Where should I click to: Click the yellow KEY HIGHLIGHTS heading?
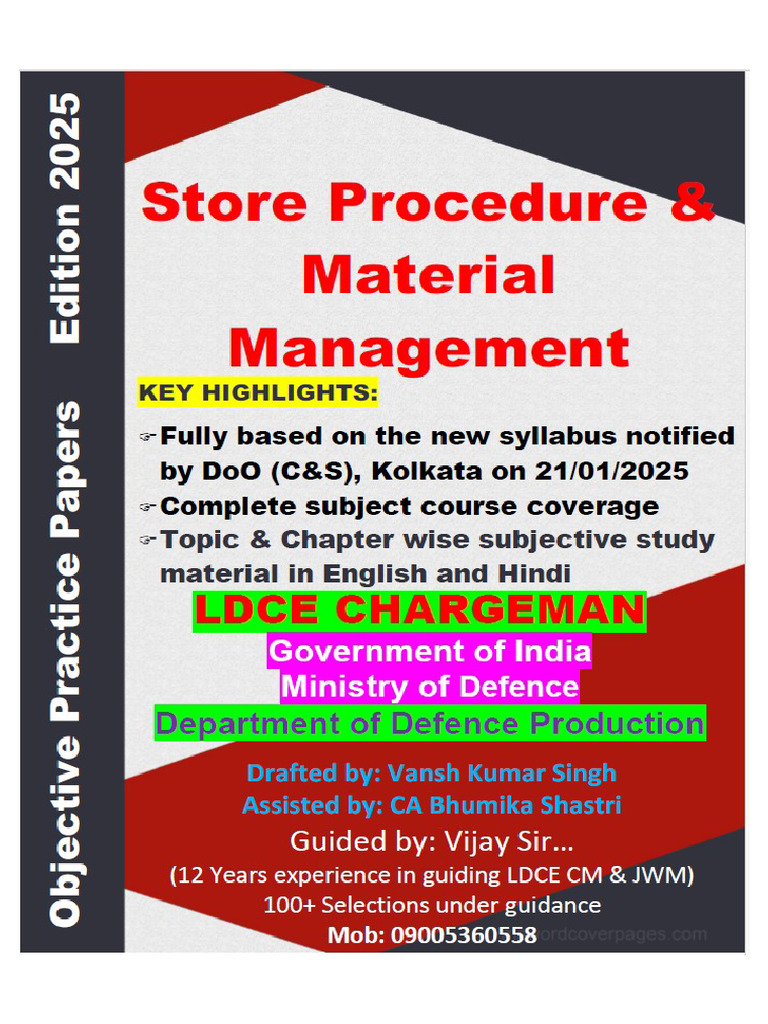(258, 394)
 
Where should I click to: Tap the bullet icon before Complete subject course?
(146, 506)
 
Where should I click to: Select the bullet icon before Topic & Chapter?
(146, 541)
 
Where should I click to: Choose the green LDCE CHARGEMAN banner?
(420, 611)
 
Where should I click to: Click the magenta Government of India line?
(429, 652)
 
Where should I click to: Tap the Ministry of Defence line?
(429, 687)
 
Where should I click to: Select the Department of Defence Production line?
(429, 722)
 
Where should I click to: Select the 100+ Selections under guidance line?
(431, 906)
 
